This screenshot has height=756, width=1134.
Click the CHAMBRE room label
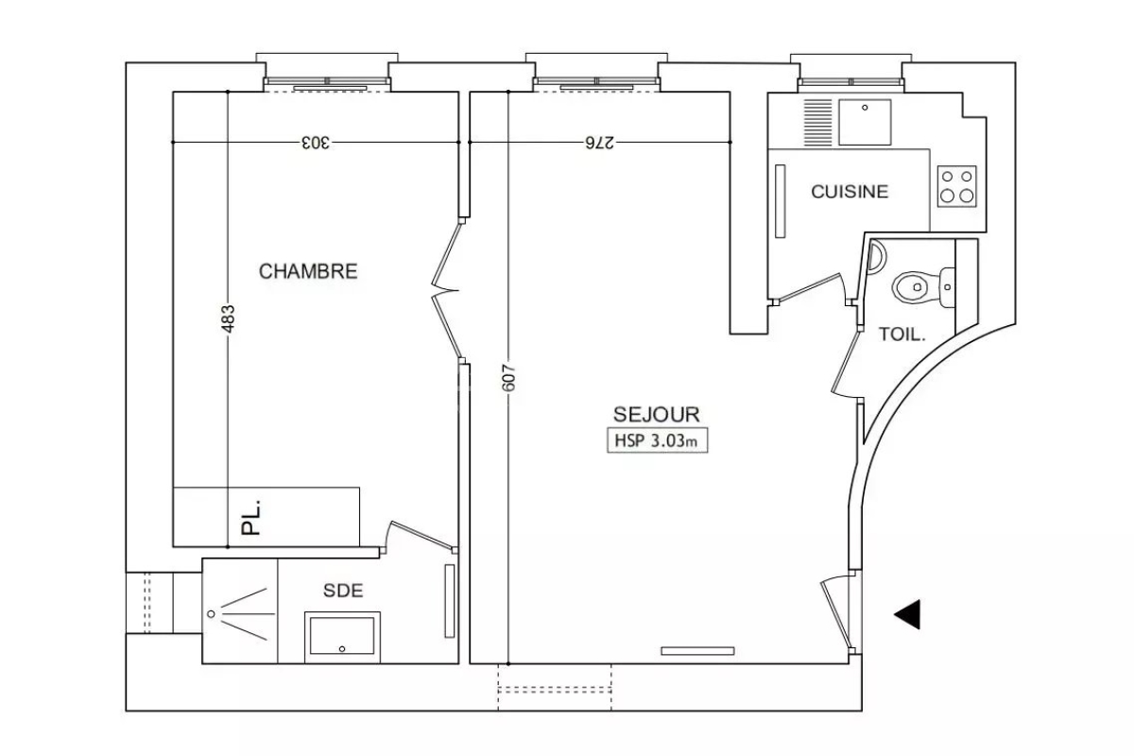pos(308,271)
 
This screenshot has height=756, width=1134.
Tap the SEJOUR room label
pos(657,415)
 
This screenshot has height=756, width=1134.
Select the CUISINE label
pos(850,192)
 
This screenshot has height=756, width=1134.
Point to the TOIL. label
pos(902,335)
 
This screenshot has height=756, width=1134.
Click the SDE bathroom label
pos(343,591)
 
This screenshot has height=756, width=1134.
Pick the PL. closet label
pos(250,517)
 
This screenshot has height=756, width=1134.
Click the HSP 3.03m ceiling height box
pos(657,440)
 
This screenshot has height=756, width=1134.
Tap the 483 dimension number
pos(229,318)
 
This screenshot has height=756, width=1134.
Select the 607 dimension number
pos(508,378)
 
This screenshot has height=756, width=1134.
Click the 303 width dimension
pos(316,143)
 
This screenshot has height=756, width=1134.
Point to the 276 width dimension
pos(599,143)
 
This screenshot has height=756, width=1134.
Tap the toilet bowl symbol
pos(922,286)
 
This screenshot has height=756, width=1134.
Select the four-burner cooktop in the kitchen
pos(956,186)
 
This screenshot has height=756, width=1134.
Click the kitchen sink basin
pos(865,122)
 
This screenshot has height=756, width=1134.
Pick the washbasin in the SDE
pos(342,636)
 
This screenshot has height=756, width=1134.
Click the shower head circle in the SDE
pos(211,613)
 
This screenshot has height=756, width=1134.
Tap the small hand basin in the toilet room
pos(876,257)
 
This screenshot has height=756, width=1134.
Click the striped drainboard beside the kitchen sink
pos(817,123)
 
